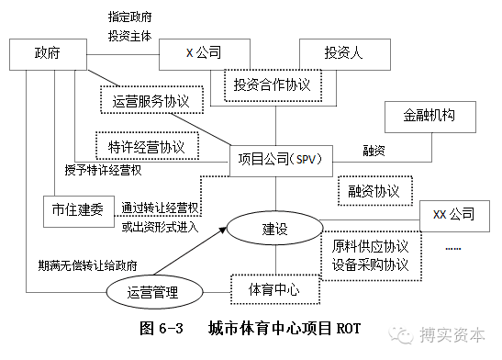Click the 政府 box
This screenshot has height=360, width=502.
coord(48,52)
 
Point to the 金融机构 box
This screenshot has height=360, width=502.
coord(429,118)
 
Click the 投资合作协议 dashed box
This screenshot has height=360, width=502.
coord(273,85)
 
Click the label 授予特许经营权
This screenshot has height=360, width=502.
coord(103,171)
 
